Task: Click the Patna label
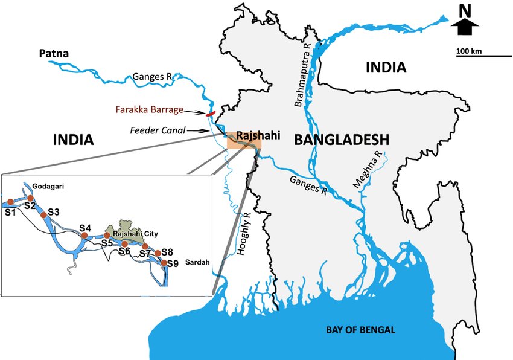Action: [54, 54]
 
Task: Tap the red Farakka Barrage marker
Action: [211, 114]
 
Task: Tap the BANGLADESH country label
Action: [340, 140]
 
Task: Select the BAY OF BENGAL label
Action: [360, 330]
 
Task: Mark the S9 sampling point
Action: [164, 262]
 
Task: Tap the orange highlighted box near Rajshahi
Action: [244, 143]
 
